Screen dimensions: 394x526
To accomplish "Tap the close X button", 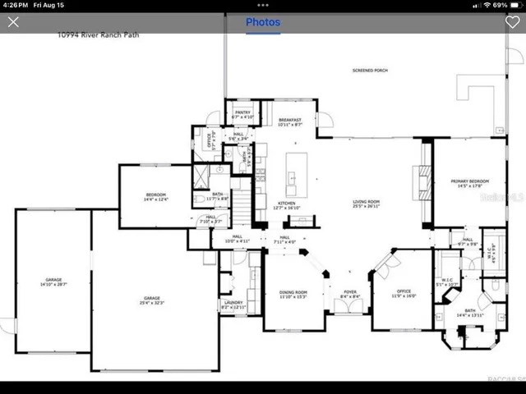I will point(13,22).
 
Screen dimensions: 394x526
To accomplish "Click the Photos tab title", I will point(263,22).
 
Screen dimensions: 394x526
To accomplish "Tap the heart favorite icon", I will point(512,22).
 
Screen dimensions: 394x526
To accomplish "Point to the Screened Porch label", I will point(369,71).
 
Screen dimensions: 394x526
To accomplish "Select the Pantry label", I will point(242,114).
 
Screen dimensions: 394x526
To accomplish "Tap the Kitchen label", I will point(286,205).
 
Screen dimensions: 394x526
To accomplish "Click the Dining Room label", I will point(293,294).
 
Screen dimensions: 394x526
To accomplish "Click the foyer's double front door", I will point(349,306).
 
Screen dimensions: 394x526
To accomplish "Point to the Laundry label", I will point(233,305).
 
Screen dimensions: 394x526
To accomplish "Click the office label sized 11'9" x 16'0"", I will point(403,294).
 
